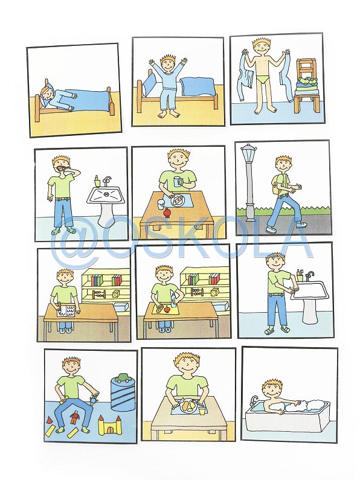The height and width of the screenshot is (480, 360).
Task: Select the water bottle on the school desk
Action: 174,299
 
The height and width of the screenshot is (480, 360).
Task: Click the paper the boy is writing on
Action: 66,310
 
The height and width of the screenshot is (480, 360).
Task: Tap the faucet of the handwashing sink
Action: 310,275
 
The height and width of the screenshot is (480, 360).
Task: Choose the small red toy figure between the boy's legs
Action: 75,418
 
